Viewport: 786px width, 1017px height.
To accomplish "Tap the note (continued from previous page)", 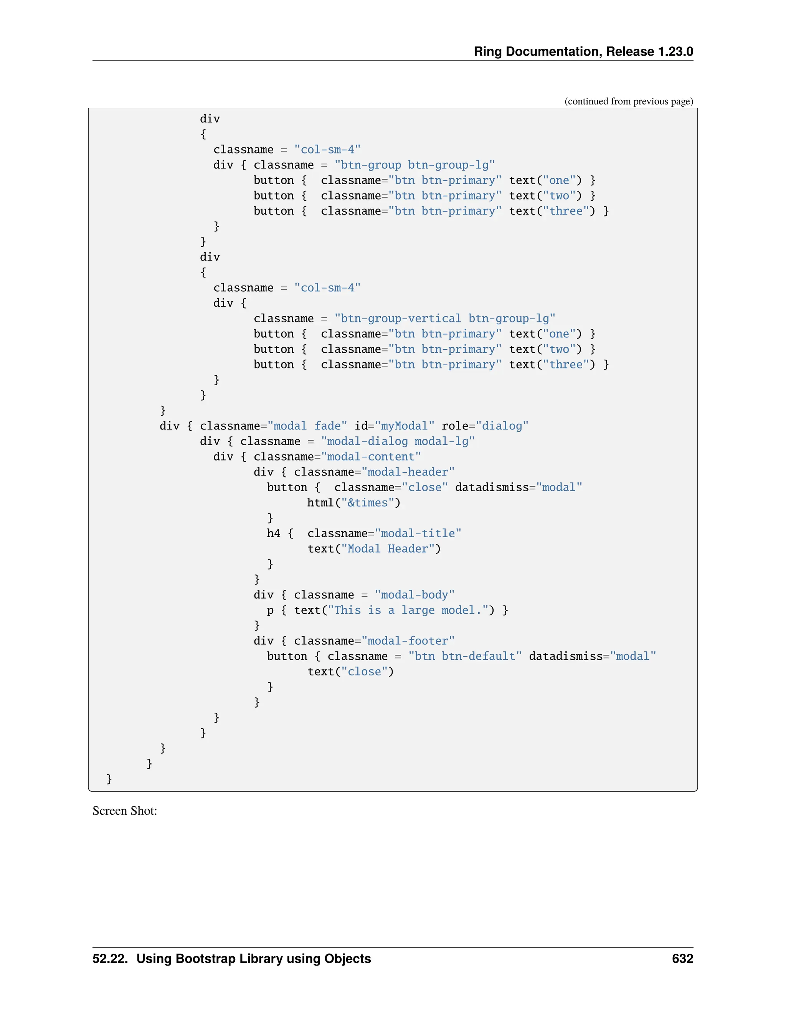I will click(629, 102).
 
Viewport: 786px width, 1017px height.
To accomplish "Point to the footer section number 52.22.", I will click(110, 959).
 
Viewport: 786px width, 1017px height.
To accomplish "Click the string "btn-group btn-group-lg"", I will click(414, 165).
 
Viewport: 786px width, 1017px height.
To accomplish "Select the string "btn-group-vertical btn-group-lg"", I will click(445, 319).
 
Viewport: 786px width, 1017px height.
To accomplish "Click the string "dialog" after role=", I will click(502, 426).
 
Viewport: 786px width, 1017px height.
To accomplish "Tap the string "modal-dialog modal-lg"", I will click(398, 441).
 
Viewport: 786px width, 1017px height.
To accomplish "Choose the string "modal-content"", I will click(371, 457).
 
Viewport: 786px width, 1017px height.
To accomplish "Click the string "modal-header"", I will click(408, 472).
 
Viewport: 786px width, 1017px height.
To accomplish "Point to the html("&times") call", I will click(353, 503).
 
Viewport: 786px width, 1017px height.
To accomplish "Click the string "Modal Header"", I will click(387, 549).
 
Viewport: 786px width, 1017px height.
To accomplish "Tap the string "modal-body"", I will click(414, 595).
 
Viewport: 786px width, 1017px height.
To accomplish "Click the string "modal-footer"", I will click(408, 641).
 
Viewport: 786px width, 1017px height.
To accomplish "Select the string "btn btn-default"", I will click(465, 657).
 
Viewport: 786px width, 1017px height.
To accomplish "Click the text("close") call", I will click(350, 672).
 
